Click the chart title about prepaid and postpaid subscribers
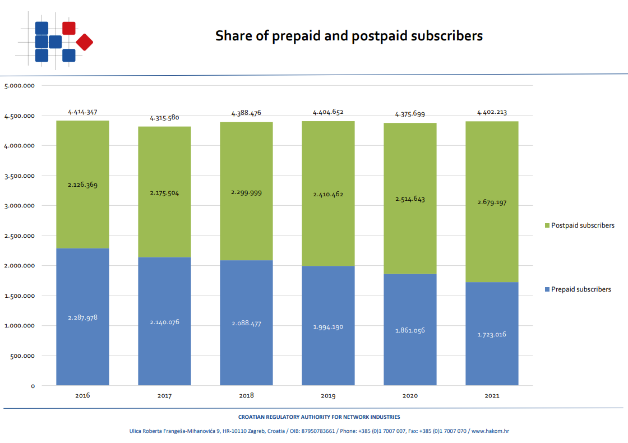click(x=349, y=36)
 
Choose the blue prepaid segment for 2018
click(x=246, y=348)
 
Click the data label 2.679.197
click(x=492, y=202)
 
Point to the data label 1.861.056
click(x=410, y=330)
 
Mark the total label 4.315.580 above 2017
click(x=164, y=118)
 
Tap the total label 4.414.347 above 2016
click(x=83, y=112)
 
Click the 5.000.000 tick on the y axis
click(x=20, y=86)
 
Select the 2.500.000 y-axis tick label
click(x=20, y=236)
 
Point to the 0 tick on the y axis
click(x=33, y=386)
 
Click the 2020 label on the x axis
click(x=410, y=396)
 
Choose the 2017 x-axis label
click(x=164, y=396)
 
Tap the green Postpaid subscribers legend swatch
click(x=547, y=225)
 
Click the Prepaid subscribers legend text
click(x=581, y=289)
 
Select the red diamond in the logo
click(x=85, y=41)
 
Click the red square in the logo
click(x=69, y=28)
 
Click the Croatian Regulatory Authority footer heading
click(x=319, y=417)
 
